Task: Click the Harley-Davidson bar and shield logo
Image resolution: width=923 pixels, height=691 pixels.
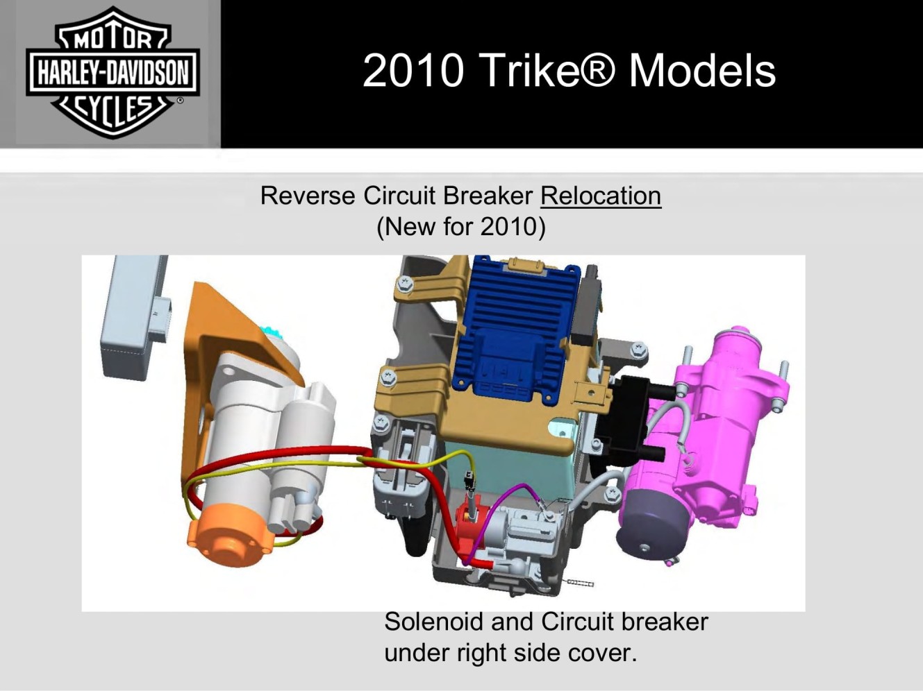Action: click(x=113, y=72)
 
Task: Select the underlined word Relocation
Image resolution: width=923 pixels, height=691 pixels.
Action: click(x=601, y=196)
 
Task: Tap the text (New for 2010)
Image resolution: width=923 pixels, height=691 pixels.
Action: click(x=461, y=227)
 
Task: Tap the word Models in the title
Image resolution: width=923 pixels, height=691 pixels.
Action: click(x=702, y=71)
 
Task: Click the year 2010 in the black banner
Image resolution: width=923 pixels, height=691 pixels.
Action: click(x=413, y=71)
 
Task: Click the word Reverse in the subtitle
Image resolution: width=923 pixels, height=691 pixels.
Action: click(x=308, y=196)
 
